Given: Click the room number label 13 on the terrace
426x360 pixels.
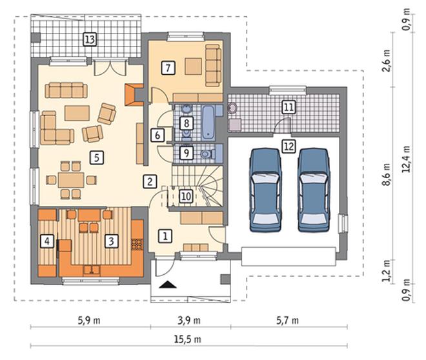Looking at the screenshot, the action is [90, 39].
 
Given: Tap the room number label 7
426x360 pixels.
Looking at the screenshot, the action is [168, 68].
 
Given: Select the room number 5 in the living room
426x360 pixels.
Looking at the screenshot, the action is [97, 157].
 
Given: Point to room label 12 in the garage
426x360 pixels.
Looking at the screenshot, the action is [289, 146].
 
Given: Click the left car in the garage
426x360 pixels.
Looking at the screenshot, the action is [265, 190].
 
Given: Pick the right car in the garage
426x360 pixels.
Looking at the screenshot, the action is [314, 190].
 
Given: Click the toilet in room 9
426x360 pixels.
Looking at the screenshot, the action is [207, 154].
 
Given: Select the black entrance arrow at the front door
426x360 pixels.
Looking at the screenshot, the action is [168, 285].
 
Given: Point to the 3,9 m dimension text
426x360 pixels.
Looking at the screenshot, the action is [189, 321].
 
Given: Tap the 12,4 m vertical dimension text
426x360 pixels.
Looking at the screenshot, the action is [407, 159].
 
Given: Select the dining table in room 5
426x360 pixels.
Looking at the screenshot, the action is [71, 180].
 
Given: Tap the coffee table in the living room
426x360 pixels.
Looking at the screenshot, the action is [77, 113].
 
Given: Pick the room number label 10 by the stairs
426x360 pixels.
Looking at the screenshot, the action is [186, 196].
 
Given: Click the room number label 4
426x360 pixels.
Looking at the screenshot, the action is [47, 241].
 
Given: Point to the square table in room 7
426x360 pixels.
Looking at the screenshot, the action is [193, 66].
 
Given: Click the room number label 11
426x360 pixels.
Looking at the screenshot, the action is [289, 107].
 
